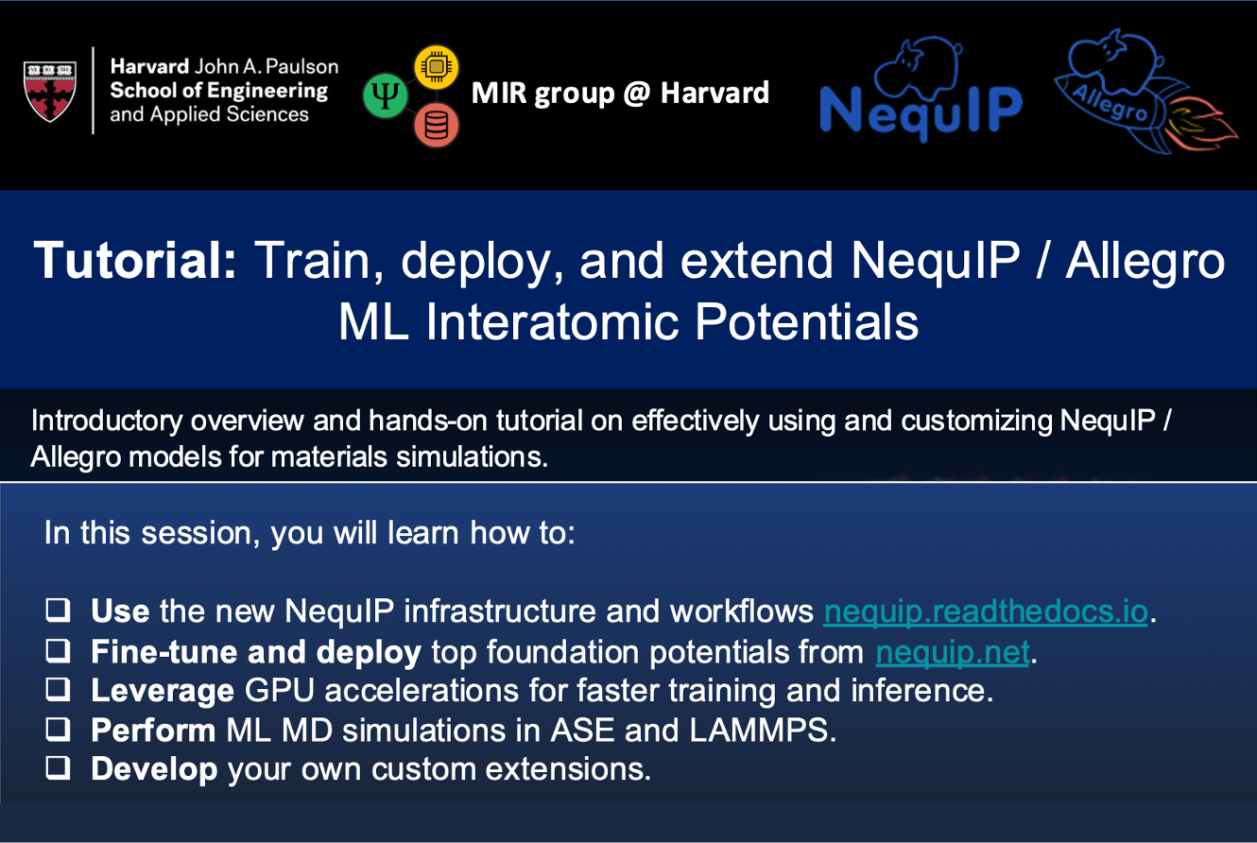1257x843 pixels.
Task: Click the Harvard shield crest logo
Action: click(50, 91)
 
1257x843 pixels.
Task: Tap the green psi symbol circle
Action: click(386, 95)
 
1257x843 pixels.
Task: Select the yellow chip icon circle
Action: click(436, 67)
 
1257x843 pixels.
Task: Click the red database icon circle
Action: click(436, 125)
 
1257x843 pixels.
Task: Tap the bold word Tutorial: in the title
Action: click(135, 261)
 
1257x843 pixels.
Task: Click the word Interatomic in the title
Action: click(552, 322)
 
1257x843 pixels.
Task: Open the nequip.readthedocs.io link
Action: click(986, 611)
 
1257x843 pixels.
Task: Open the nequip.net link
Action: click(953, 652)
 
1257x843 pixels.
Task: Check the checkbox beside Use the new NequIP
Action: click(59, 611)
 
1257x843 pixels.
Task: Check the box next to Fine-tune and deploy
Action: click(59, 651)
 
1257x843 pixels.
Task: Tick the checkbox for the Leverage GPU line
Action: click(59, 690)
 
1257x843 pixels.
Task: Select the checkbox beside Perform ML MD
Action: click(59, 729)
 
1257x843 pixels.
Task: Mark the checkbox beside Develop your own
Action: click(59, 768)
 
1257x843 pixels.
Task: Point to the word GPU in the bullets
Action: click(279, 690)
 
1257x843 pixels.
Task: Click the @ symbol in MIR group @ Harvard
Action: click(637, 94)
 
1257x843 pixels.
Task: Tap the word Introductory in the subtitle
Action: click(107, 421)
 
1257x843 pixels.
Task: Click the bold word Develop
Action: click(154, 769)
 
